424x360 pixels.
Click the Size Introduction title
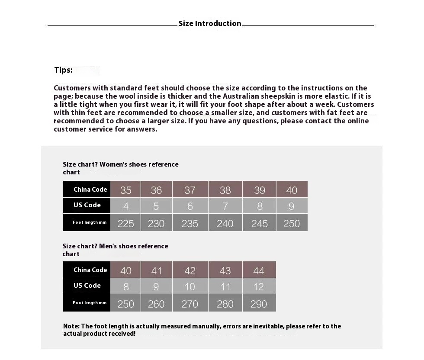(x=210, y=24)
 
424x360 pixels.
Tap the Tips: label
(x=63, y=70)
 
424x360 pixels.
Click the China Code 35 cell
(x=125, y=190)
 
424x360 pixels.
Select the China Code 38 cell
(x=225, y=190)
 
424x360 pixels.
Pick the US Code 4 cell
(x=125, y=206)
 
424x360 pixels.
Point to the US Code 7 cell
(x=225, y=206)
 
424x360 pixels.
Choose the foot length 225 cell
(x=125, y=223)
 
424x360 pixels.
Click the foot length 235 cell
(x=190, y=223)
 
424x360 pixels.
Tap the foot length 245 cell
(x=259, y=223)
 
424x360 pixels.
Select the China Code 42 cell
(x=190, y=270)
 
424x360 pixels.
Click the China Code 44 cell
(x=259, y=270)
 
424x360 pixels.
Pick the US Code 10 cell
(x=190, y=286)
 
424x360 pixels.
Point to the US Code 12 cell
(x=259, y=286)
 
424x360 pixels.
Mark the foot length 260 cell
(x=156, y=303)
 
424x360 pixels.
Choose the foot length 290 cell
(x=259, y=303)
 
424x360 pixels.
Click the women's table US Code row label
(x=87, y=205)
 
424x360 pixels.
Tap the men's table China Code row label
(x=90, y=270)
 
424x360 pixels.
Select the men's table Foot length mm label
(x=90, y=303)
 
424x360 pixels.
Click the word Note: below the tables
(x=71, y=326)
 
